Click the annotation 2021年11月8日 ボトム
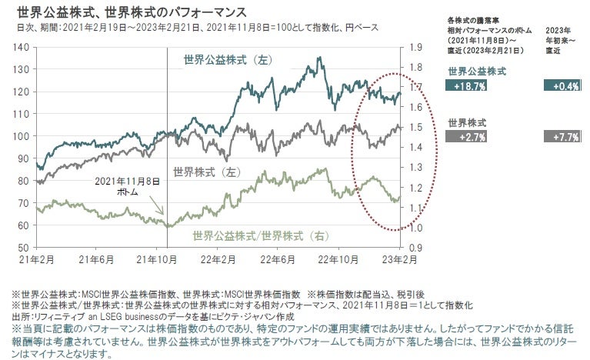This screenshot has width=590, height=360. click(128, 186)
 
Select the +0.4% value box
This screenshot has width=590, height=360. click(561, 86)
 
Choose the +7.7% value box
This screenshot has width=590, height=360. click(561, 137)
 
